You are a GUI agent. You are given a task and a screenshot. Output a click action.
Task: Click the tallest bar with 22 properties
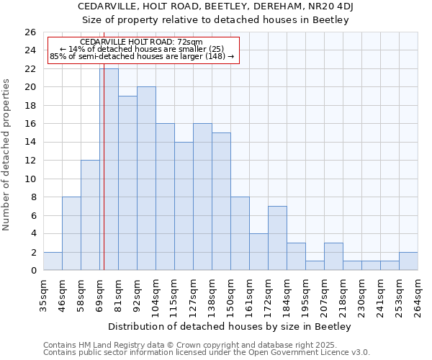(x=109, y=169)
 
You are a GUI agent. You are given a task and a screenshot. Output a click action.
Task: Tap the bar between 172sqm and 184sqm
(x=277, y=238)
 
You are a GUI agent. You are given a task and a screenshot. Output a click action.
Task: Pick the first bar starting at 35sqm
(x=53, y=261)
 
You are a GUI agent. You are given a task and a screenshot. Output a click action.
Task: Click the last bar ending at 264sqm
(x=408, y=261)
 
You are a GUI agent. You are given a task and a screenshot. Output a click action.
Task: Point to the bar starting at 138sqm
(x=221, y=202)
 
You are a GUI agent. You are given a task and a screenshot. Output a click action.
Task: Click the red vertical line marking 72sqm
(x=104, y=180)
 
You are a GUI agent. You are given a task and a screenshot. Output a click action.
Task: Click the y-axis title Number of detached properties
(x=7, y=166)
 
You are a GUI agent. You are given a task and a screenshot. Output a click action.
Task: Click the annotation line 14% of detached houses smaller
(x=141, y=49)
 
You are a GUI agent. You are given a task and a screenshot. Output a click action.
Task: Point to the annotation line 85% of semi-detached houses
(x=141, y=56)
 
